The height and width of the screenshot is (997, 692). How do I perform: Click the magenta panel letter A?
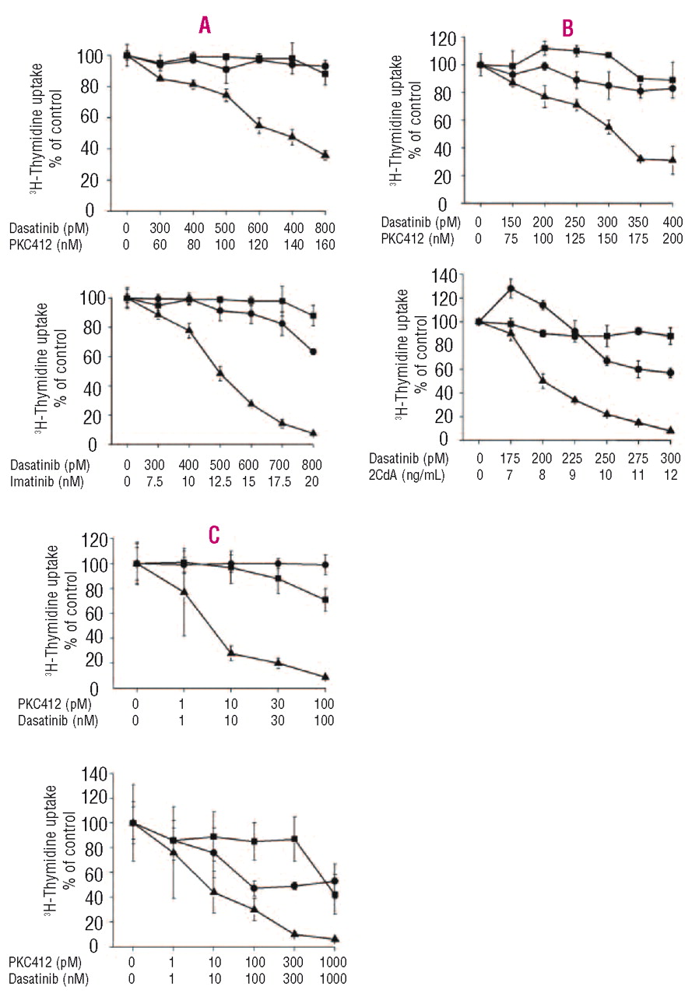point(205,26)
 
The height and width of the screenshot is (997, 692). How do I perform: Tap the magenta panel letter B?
point(567,29)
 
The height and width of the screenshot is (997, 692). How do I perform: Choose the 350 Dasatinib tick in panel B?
point(640,224)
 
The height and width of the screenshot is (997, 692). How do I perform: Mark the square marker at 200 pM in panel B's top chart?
point(545,48)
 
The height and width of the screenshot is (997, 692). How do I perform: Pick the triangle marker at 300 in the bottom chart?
point(295,933)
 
